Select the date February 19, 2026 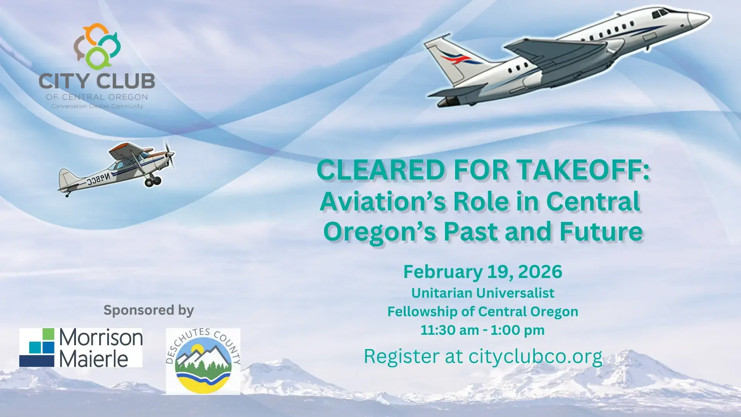point(482,272)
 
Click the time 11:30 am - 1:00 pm point(482,331)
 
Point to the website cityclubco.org point(535,356)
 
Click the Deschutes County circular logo point(203,361)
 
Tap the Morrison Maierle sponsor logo point(81,347)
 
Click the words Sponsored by point(149,310)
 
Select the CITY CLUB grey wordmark point(97,81)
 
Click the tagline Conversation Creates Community point(97,106)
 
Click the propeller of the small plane point(169,154)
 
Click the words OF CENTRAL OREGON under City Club point(97,97)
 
